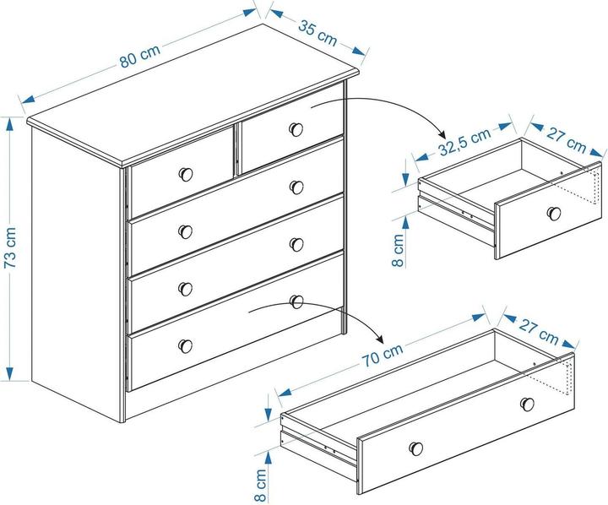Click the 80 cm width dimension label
pos(139,57)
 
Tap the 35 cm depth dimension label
pos(318,33)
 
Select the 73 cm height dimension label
pos(10,247)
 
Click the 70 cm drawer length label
pos(383,355)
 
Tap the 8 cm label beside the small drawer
pos(399,251)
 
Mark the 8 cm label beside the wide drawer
pos(261,486)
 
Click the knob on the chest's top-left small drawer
pos(186,174)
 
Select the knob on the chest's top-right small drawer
pos(296,129)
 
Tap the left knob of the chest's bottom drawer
pos(186,346)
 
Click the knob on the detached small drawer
pos(554,214)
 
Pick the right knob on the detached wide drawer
pos(527,404)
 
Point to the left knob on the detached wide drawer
pos(416,448)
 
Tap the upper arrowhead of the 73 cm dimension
pos(9,124)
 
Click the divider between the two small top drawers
pos(237,150)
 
